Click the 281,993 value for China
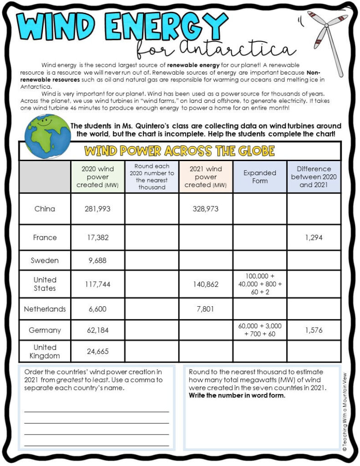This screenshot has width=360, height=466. (x=97, y=209)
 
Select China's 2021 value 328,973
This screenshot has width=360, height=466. (x=206, y=209)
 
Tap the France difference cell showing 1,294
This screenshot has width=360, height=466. (x=314, y=238)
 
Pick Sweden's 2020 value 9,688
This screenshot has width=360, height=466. (x=97, y=261)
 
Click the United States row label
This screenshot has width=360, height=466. (x=45, y=284)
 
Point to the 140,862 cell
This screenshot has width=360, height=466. (x=206, y=284)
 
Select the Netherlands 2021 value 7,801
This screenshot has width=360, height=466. (x=206, y=309)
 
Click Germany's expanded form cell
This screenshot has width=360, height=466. (x=260, y=330)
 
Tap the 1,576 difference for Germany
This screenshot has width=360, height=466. (x=314, y=330)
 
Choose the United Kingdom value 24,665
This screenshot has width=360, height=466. (x=97, y=351)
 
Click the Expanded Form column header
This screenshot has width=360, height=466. (x=260, y=177)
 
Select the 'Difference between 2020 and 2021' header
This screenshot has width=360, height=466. (x=314, y=177)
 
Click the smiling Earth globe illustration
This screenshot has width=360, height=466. (x=47, y=136)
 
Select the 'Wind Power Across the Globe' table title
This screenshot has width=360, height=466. (x=180, y=151)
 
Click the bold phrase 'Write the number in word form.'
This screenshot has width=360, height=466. (x=237, y=395)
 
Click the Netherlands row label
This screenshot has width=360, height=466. (x=45, y=309)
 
